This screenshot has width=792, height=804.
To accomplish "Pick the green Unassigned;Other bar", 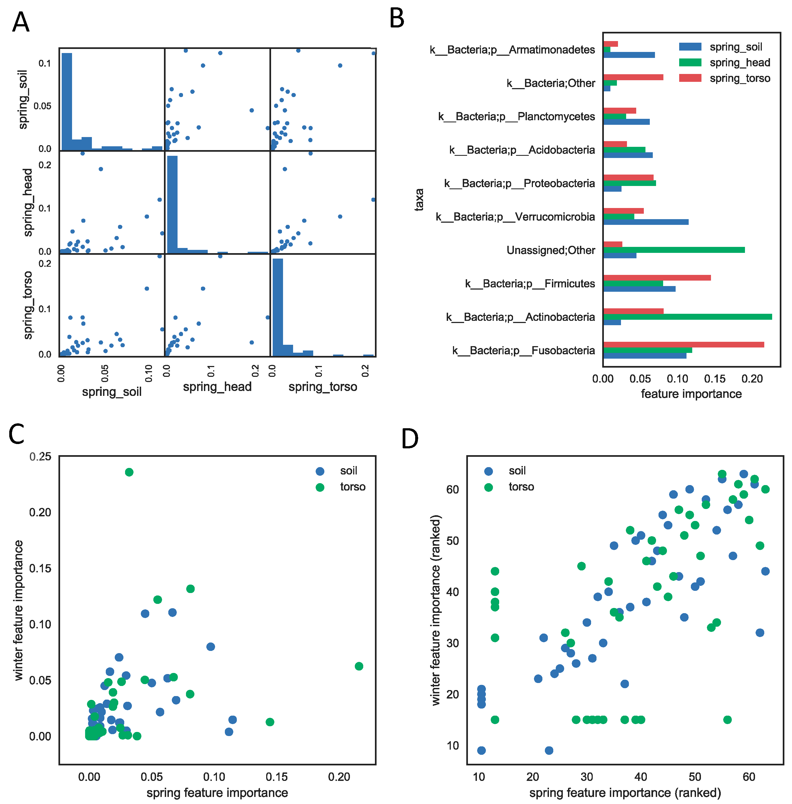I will click(x=673, y=250).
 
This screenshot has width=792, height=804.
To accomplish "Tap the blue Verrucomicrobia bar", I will click(x=645, y=222).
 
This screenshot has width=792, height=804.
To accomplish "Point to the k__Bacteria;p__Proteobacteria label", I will click(x=519, y=184).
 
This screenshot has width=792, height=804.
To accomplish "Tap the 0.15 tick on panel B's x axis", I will click(x=715, y=378).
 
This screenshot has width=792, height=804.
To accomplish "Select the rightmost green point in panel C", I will click(x=359, y=666).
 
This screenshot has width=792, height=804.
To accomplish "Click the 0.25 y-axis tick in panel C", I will click(x=40, y=457).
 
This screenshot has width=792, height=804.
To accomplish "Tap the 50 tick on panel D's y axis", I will click(x=453, y=541).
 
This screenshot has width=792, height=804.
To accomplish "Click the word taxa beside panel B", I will click(x=419, y=200).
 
